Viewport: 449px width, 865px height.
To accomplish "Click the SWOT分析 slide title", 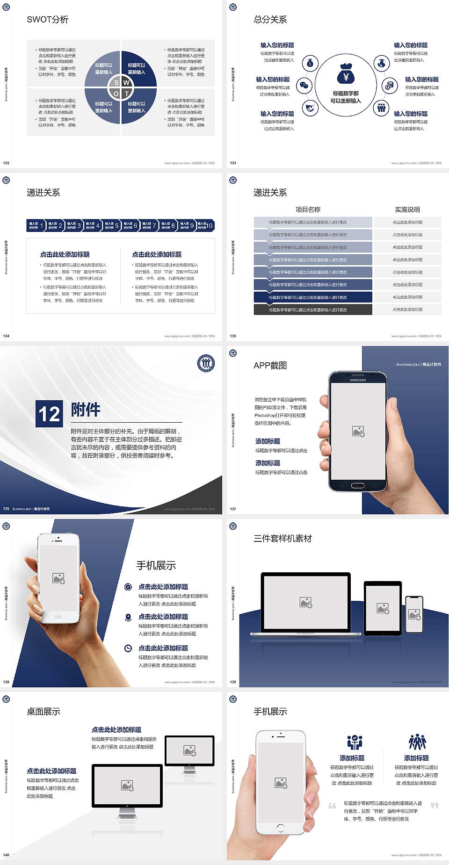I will pos(48,20).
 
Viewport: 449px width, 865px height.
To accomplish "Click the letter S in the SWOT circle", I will pos(116,83).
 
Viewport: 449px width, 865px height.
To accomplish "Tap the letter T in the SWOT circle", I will pos(126,94).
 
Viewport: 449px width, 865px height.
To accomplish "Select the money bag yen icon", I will pos(346,74).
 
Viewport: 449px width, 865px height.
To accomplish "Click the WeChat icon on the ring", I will pos(304,86).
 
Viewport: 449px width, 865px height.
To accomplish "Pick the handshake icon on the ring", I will pos(310,108).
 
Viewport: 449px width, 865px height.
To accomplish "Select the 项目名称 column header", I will pos(308,209).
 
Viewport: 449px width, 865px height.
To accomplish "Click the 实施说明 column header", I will pos(407,209).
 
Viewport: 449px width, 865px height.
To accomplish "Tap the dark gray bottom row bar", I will pos(313,310).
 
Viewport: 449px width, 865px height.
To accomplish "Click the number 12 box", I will pos(49,414).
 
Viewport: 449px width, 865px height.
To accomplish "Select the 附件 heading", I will pos(86,410).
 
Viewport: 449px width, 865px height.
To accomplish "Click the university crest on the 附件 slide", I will pos(206,363).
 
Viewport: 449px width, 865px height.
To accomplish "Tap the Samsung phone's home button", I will pos(357,485).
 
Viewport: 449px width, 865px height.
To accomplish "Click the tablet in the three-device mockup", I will pos(383,608).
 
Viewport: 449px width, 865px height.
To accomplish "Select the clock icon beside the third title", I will pos(128,648).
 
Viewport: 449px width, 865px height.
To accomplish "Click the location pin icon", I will pos(128,617).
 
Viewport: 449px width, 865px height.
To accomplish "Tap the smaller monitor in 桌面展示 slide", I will pos(189,752).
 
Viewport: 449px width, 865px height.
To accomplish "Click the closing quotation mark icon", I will pos(435,805).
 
